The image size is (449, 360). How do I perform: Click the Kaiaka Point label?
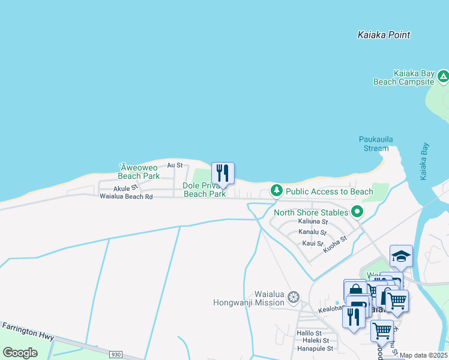[384, 35]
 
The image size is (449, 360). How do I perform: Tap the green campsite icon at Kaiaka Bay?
[443, 76]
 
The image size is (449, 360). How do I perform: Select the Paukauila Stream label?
[376, 143]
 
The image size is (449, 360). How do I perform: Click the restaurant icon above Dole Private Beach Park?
[223, 173]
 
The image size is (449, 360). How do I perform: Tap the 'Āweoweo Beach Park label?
[139, 172]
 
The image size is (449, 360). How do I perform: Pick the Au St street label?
[175, 164]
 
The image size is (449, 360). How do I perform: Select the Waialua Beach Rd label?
[126, 196]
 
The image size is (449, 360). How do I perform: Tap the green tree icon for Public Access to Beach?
[276, 191]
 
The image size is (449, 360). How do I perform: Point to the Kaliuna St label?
[312, 221]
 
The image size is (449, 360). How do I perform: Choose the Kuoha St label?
[335, 244]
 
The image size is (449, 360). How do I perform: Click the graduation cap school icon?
[401, 257]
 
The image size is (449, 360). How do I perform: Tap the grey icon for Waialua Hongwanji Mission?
[294, 297]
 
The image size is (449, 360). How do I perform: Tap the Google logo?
[20, 353]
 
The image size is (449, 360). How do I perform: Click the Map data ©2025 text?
[423, 355]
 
